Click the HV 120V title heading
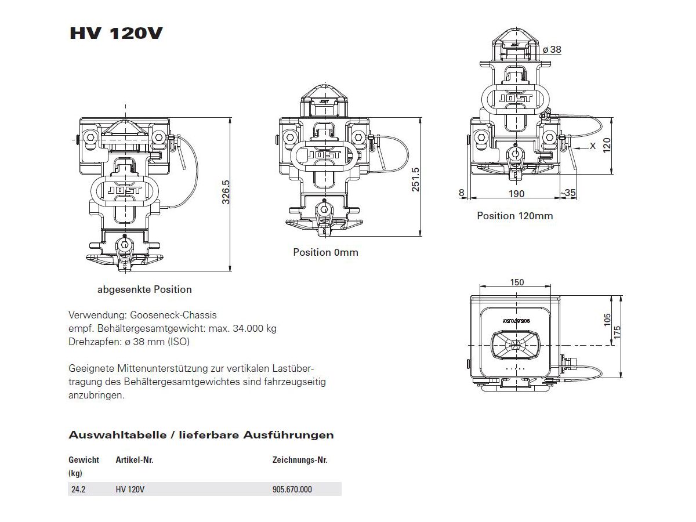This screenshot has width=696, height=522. (x=116, y=33)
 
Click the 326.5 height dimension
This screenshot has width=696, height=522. (x=226, y=192)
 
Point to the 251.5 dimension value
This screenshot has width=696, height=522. (x=415, y=179)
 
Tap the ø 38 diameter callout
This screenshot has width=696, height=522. (x=552, y=49)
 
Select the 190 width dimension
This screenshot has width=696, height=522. (x=517, y=193)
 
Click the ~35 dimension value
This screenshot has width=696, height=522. (x=568, y=193)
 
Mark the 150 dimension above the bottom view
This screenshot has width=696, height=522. (x=517, y=282)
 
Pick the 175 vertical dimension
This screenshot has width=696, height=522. (x=617, y=332)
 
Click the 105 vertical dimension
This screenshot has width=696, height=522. (x=607, y=320)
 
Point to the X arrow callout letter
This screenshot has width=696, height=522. (x=593, y=146)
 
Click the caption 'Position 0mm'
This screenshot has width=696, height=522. (x=325, y=252)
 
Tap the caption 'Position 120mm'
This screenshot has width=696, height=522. (x=515, y=216)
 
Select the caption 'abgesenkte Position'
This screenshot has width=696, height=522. (x=144, y=289)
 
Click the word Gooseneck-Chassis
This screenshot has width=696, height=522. (x=173, y=315)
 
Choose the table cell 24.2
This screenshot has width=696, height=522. (x=78, y=490)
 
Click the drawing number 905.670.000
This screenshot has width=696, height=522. (x=292, y=490)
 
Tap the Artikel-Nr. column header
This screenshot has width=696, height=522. (x=135, y=460)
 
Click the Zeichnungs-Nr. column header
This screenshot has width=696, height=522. (x=300, y=460)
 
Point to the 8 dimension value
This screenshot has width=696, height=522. (x=461, y=193)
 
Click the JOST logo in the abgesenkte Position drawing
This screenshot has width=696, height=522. (x=124, y=190)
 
